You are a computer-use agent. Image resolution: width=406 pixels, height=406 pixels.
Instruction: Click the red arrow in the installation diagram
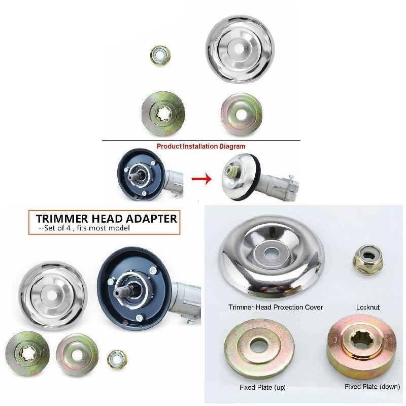(201, 179)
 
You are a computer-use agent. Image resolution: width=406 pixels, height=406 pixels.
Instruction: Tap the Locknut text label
(368, 307)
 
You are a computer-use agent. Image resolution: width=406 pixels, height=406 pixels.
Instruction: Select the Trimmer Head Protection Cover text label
(276, 307)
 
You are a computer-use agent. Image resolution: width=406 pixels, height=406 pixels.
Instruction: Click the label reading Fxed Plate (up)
(262, 387)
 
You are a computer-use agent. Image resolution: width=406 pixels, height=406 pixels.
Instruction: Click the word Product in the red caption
(168, 146)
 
